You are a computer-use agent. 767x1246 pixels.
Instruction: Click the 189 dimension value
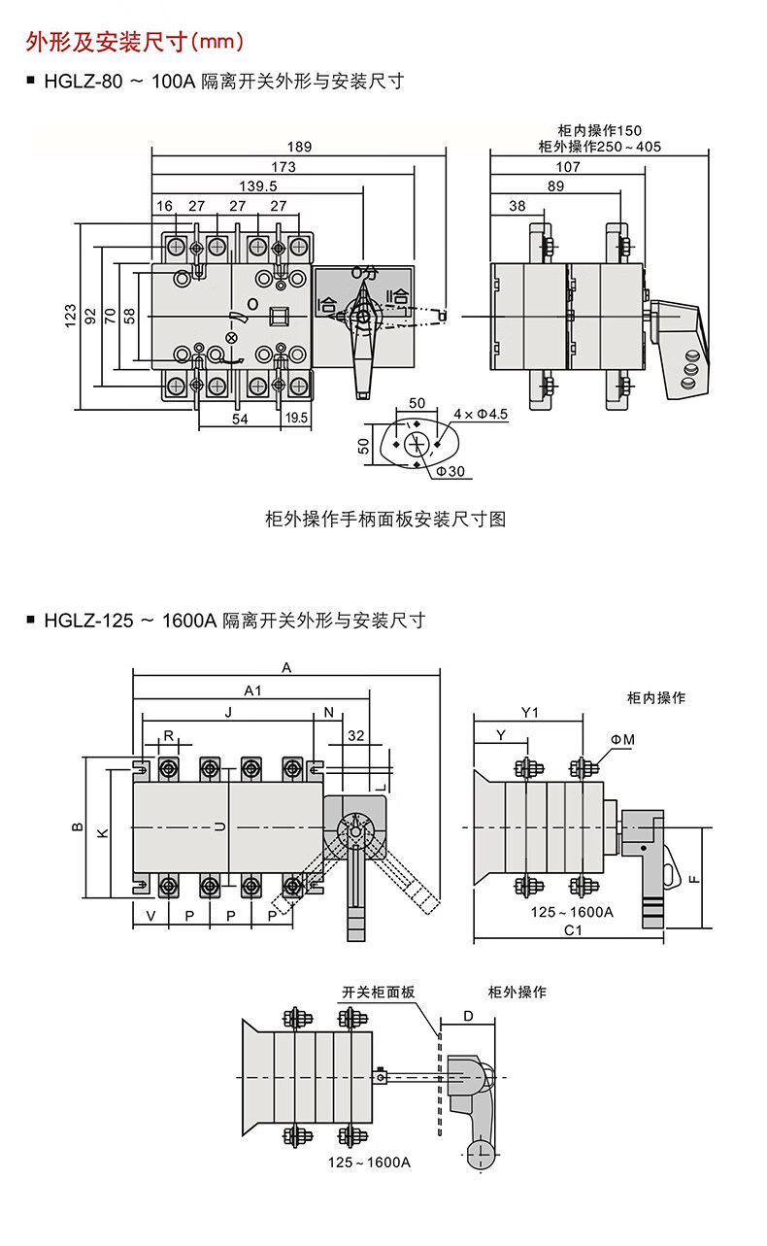298,147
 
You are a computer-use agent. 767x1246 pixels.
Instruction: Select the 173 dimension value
283,167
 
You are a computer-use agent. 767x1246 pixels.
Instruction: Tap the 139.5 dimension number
257,186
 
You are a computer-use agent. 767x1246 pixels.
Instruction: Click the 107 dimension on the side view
568,167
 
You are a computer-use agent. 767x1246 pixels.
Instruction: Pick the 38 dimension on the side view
517,206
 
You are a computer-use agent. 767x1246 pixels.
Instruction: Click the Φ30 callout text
450,471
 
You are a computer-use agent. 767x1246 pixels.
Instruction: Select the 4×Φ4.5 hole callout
481,415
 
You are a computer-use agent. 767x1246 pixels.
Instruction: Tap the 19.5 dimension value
297,418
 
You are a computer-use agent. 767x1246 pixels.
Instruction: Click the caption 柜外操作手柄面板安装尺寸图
385,519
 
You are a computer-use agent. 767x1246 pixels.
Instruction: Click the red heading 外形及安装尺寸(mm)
133,42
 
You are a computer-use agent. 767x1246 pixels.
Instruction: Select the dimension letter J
227,712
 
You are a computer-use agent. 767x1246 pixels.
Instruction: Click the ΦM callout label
622,741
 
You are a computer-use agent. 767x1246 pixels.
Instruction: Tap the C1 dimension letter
574,929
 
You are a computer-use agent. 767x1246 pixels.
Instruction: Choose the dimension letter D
467,1016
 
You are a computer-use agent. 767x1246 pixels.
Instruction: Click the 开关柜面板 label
379,993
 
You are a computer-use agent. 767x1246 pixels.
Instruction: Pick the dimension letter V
150,916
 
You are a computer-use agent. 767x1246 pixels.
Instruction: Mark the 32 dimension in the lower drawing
356,735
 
